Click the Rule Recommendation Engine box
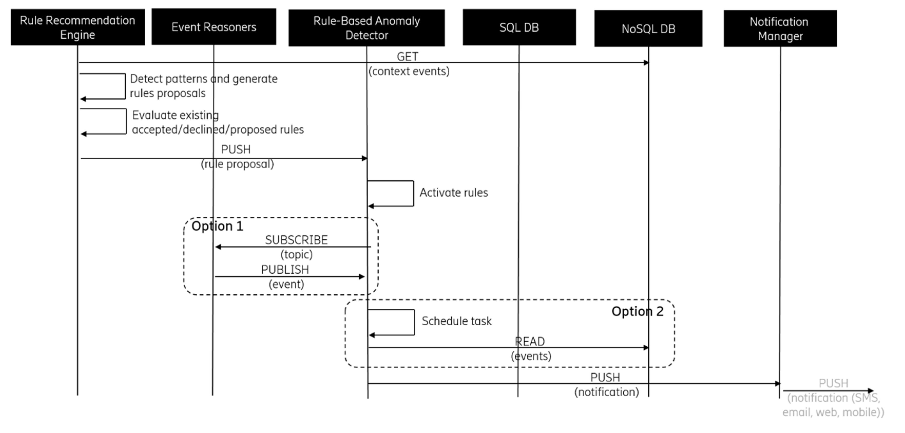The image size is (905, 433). pos(78,27)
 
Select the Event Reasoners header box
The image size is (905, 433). pos(214,27)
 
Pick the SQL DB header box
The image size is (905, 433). pos(519,27)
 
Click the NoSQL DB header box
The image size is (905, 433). pos(648,28)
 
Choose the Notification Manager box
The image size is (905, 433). pos(780,28)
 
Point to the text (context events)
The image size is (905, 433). pos(409,71)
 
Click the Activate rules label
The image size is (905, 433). pos(454,193)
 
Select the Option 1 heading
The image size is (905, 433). pos(217,226)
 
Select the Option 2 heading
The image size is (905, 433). pos(637,311)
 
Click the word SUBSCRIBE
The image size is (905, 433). pos(296,240)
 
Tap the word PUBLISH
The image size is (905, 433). pos(285,270)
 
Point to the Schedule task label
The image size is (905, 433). pos(456,321)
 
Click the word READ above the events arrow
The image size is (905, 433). pos(530,341)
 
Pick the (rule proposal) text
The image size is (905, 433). pos(237,164)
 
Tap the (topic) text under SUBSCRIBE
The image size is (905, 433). pos(296,254)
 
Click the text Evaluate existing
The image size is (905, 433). pos(175,115)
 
